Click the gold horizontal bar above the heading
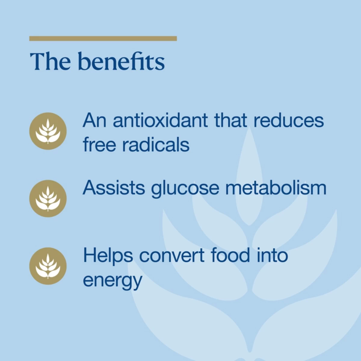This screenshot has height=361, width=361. (x=103, y=39)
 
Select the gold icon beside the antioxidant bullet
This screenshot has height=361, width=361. (x=48, y=131)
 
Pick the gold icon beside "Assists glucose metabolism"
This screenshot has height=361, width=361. (x=48, y=199)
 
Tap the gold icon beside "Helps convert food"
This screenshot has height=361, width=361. (x=48, y=266)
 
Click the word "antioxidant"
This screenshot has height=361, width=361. (x=160, y=120)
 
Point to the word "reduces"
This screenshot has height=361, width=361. (x=288, y=120)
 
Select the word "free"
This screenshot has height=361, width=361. (x=99, y=144)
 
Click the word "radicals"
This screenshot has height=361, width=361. (x=156, y=144)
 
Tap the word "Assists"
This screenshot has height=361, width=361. (x=114, y=188)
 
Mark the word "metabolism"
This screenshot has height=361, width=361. (x=276, y=188)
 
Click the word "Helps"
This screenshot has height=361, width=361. (x=108, y=256)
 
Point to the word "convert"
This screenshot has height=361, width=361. (x=172, y=256)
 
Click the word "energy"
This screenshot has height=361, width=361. (x=112, y=281)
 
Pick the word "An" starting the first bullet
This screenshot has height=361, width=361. (x=94, y=120)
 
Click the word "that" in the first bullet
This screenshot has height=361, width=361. (x=231, y=120)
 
